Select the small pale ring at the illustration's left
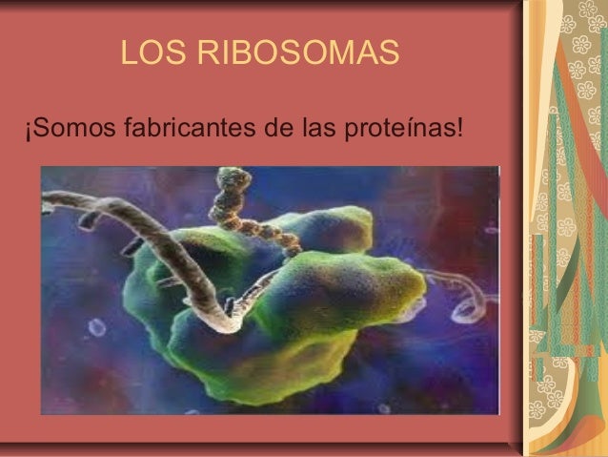[x=95, y=327]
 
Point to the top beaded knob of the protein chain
[x=230, y=177]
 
